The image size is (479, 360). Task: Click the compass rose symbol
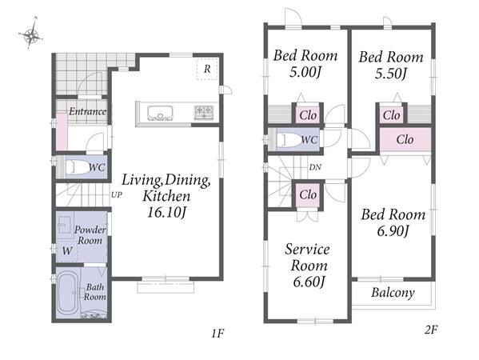point(31,34)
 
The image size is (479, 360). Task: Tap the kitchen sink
point(160,113)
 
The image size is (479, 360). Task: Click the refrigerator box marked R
point(207,70)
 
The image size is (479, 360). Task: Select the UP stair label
point(117,194)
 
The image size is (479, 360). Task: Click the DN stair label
point(315,167)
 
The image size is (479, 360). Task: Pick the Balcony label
point(393,293)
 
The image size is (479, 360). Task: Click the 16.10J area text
point(166,212)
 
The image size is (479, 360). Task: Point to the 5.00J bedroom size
point(305,72)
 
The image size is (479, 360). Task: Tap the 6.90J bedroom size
point(393,231)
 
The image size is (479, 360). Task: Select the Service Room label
point(308,258)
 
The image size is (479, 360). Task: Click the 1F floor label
point(218,333)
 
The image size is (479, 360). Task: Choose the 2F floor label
point(431,330)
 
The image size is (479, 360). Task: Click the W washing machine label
point(67,251)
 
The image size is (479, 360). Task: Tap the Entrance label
point(88,111)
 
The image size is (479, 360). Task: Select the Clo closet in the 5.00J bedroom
point(308,115)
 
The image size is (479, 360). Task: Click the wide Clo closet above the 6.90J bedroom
point(405,139)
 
